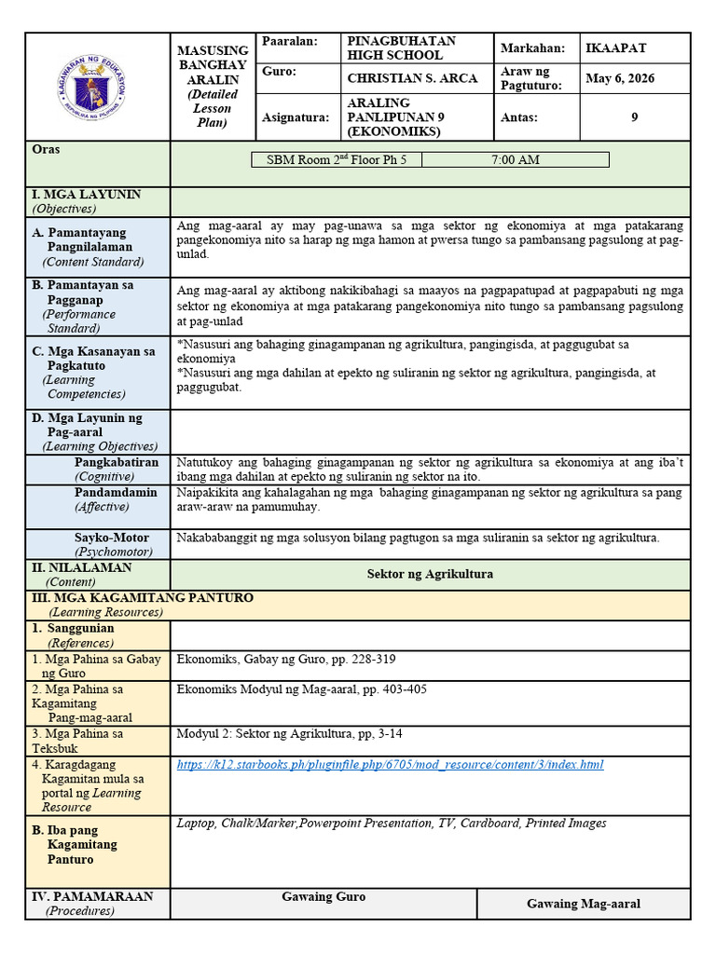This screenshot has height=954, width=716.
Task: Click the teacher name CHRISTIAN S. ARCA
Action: pos(412,78)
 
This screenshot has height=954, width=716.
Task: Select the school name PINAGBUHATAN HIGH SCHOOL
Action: pos(401,48)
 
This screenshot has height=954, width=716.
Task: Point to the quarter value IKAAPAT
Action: pos(615,48)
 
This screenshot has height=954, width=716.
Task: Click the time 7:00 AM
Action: pos(515,160)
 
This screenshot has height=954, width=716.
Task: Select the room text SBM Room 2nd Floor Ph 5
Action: pos(337,160)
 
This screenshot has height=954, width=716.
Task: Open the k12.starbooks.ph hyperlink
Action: pos(390,765)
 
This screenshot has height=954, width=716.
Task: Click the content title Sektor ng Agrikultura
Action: pos(430,574)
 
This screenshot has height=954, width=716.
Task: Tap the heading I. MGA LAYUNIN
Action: pos(87,195)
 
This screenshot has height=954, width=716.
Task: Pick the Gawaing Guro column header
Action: pos(324,896)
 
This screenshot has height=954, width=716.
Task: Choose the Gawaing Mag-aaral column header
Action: pos(584,904)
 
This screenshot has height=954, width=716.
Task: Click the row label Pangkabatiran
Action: pos(117,462)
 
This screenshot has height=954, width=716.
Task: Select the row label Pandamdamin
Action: pos(116,492)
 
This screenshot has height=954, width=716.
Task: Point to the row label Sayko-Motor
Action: pos(112,538)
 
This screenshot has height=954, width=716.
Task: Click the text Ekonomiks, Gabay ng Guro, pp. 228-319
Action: pos(286,660)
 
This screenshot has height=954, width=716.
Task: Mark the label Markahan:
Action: pos(533,48)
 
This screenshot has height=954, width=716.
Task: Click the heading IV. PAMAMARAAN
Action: pos(92,896)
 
